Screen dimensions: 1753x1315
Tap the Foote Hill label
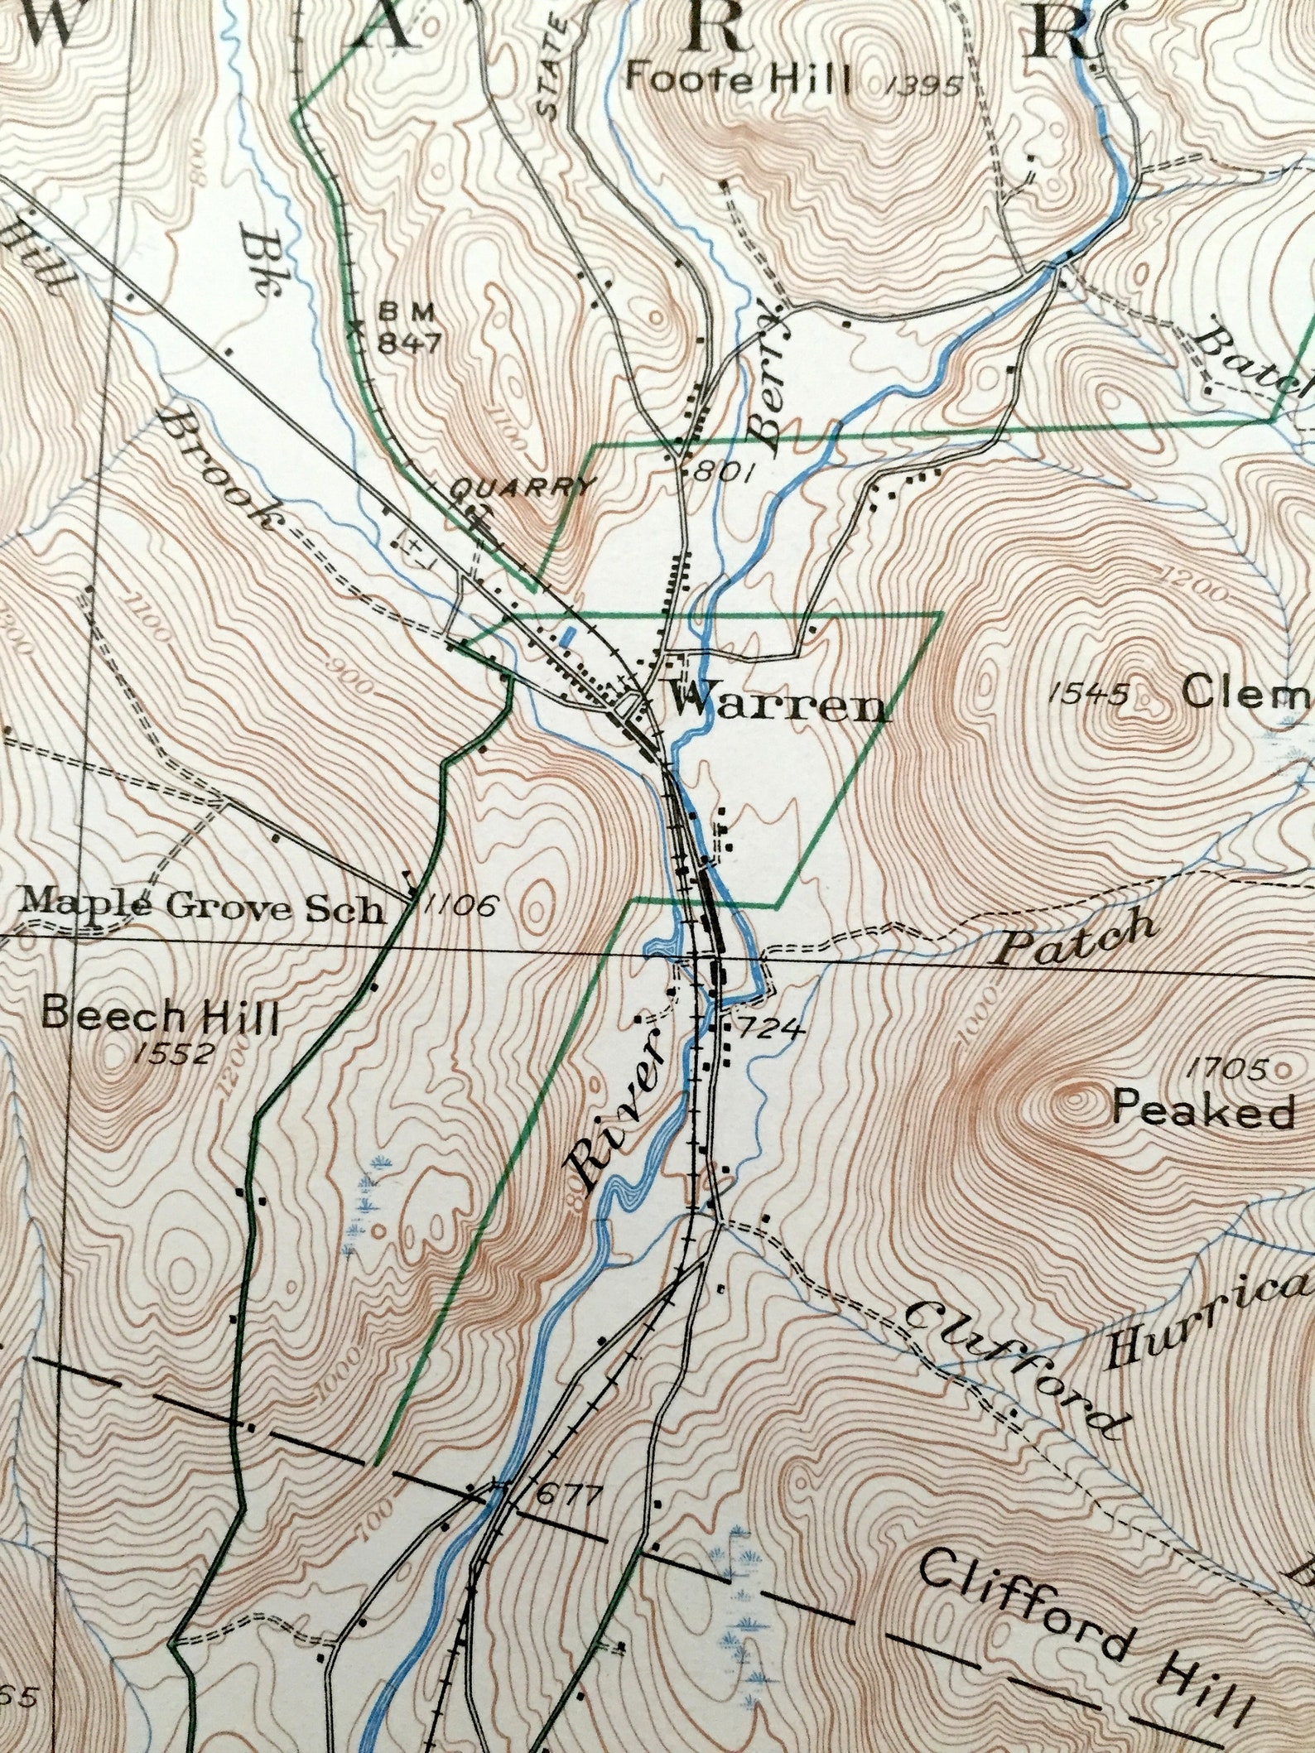tap(738, 81)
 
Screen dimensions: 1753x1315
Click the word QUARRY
tap(521, 487)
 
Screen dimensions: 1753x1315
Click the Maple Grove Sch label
tap(203, 908)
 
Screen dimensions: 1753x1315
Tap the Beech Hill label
tap(160, 1015)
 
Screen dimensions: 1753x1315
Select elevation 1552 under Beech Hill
tap(173, 1053)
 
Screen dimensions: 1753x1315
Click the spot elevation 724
tap(769, 1029)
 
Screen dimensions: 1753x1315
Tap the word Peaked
tap(1202, 1110)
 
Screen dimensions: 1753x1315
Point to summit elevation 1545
tap(1088, 693)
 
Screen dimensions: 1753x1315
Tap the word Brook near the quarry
tap(216, 469)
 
